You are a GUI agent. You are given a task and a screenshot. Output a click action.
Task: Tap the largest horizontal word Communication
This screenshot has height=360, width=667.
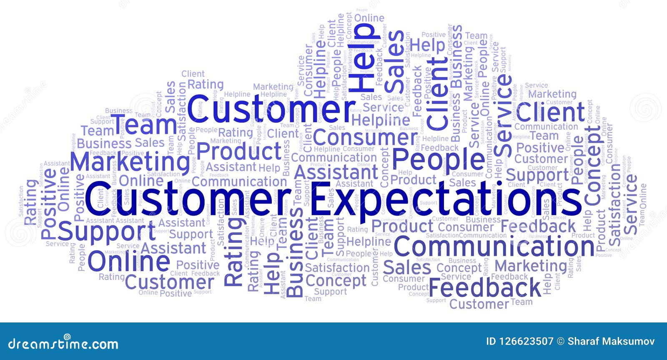coord(494,247)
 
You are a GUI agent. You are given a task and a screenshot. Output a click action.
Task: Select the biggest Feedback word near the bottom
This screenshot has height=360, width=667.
coord(484,287)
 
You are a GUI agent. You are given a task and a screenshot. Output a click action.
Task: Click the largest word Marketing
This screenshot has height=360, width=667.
coord(130,161)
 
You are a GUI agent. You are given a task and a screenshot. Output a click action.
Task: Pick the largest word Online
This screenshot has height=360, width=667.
coord(129,261)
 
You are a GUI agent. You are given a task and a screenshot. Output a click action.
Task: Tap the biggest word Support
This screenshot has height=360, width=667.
coord(107,231)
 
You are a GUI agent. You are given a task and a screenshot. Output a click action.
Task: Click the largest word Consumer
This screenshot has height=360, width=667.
coord(365,136)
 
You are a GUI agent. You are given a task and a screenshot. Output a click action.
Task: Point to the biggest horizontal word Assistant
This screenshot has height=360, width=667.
coord(336,172)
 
